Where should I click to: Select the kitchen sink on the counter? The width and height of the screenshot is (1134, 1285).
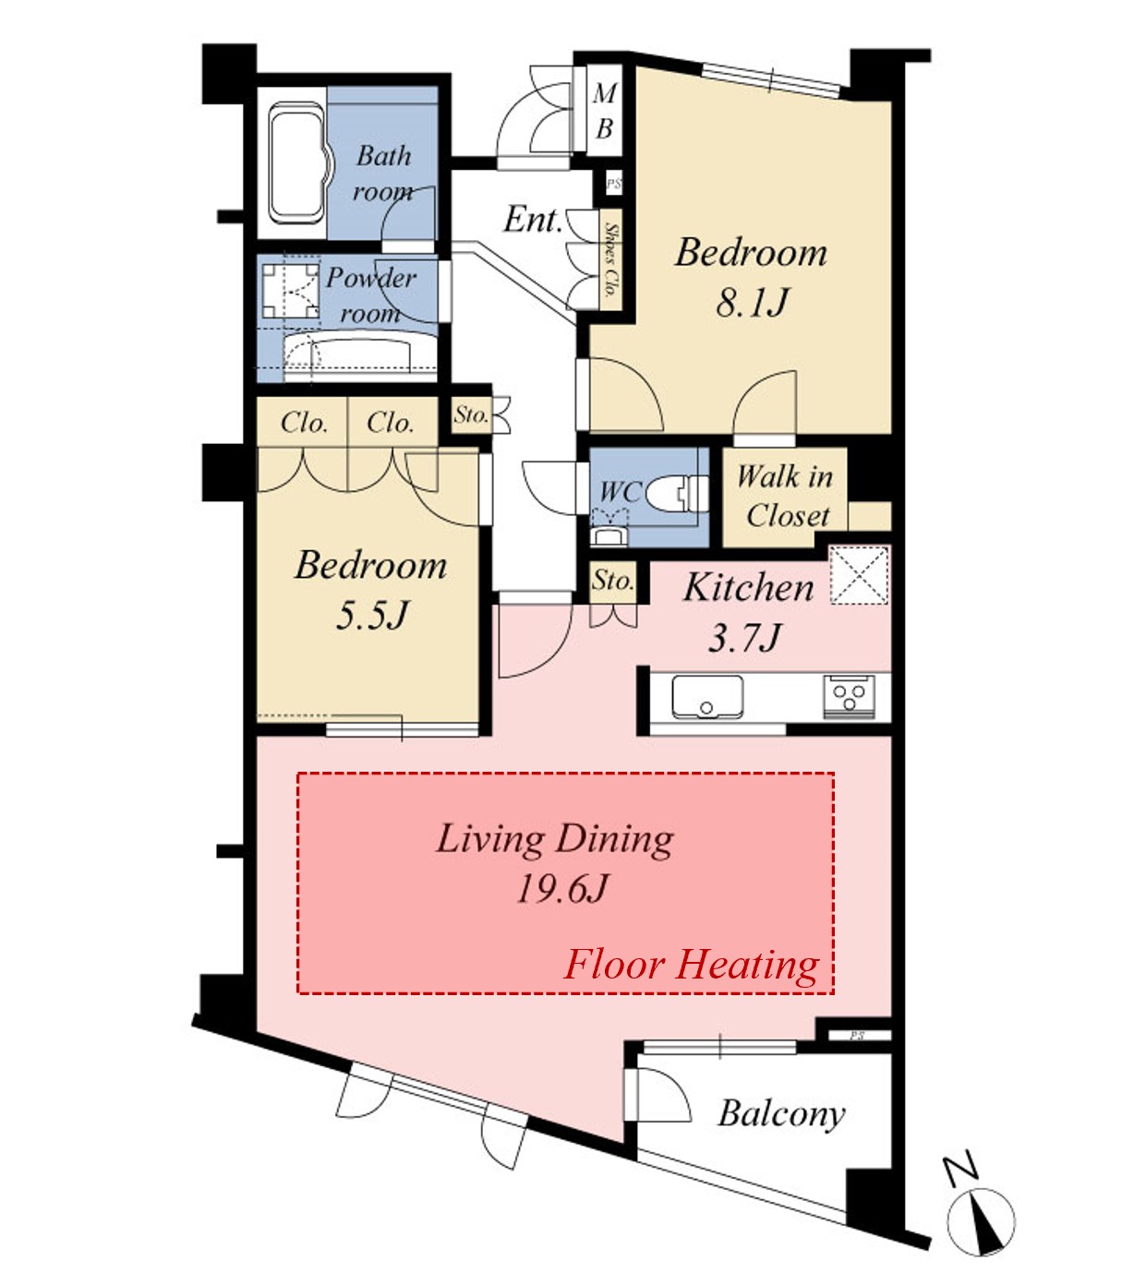[707, 696]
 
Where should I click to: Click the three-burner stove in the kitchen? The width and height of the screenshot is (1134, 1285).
[849, 696]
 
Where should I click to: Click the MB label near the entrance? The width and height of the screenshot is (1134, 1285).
[604, 112]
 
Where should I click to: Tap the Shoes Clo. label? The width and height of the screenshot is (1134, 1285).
[611, 260]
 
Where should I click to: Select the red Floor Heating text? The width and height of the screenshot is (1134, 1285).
[691, 965]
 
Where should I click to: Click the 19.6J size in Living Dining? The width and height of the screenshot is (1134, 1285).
[562, 889]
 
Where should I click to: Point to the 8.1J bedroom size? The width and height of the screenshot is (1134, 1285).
[752, 303]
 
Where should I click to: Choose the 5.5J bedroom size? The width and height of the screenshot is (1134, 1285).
[371, 615]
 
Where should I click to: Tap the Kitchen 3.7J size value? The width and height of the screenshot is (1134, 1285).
[743, 637]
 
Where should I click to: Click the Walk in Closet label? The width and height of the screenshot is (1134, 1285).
[786, 496]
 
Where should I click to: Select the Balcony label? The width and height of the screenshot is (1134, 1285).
[782, 1113]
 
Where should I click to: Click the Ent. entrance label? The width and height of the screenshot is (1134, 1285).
[533, 220]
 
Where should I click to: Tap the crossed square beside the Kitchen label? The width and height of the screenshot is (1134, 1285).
[860, 574]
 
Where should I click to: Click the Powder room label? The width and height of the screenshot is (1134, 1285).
[370, 295]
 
